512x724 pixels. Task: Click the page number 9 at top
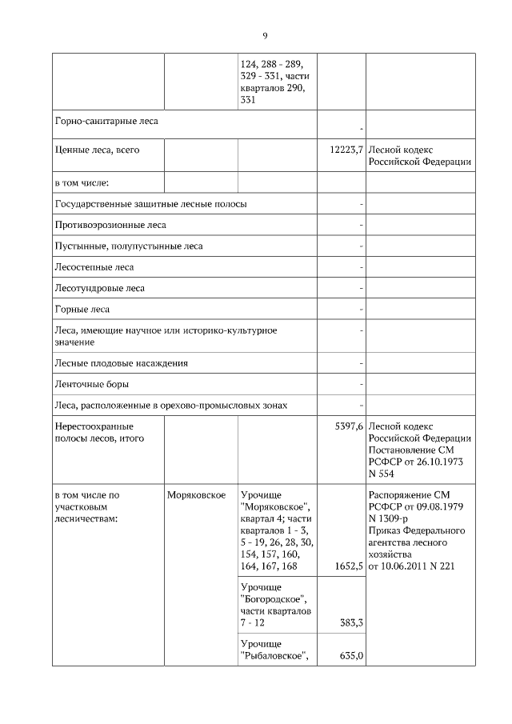pos(264,35)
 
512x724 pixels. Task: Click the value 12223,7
pos(346,149)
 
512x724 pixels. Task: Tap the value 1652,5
pos(348,566)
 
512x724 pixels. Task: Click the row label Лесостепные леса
pos(94,266)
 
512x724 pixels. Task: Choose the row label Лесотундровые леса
pos(99,288)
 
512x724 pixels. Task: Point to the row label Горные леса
pos(82,309)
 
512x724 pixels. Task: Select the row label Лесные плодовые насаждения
pos(121,363)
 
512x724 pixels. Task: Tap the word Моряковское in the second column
pos(196,495)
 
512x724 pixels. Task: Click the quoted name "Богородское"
pos(274,599)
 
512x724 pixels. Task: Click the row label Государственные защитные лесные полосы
pos(150,204)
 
